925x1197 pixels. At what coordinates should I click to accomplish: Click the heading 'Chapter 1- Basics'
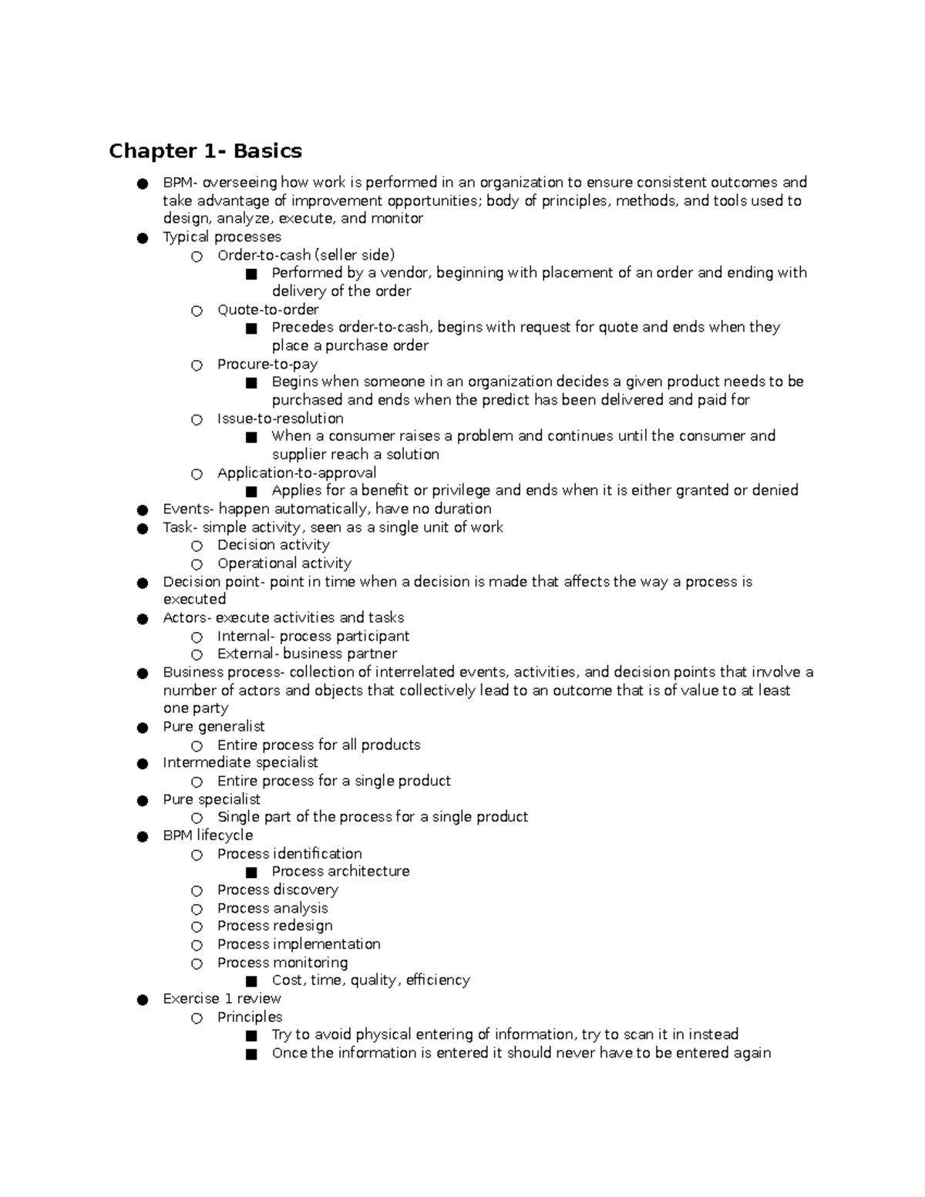pos(205,150)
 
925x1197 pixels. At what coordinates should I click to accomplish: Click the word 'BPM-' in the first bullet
pos(180,183)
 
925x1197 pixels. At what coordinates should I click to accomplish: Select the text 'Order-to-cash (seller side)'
pos(305,255)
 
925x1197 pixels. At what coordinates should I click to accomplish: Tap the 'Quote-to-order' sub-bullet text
pos(267,310)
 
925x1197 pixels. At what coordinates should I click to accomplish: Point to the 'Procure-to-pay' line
pos(267,364)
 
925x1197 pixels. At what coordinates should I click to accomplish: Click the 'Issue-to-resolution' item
pos(280,419)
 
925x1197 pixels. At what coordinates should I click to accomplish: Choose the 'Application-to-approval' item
pos(296,473)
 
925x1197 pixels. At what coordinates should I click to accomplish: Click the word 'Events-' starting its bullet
pos(187,509)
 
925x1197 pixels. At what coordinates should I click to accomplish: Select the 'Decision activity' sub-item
pos(273,545)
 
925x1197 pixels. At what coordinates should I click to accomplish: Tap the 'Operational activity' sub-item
pos(284,563)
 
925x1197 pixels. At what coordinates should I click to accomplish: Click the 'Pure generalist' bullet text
pos(214,727)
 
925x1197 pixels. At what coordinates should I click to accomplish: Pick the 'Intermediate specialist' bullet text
pos(240,762)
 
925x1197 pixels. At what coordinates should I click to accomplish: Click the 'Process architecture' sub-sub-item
pos(340,872)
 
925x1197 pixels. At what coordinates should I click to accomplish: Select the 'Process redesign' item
pos(274,926)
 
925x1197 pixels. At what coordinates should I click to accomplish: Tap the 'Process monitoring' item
pos(282,963)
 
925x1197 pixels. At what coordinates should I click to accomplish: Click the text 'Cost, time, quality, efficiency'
pos(370,980)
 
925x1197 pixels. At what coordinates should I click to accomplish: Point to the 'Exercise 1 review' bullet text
pos(221,999)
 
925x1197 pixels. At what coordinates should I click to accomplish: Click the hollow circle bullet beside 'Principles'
pos(197,1018)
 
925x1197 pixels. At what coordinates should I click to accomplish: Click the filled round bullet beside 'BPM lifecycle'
pos(143,836)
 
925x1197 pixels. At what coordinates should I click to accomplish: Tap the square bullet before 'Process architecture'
pos(251,873)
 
